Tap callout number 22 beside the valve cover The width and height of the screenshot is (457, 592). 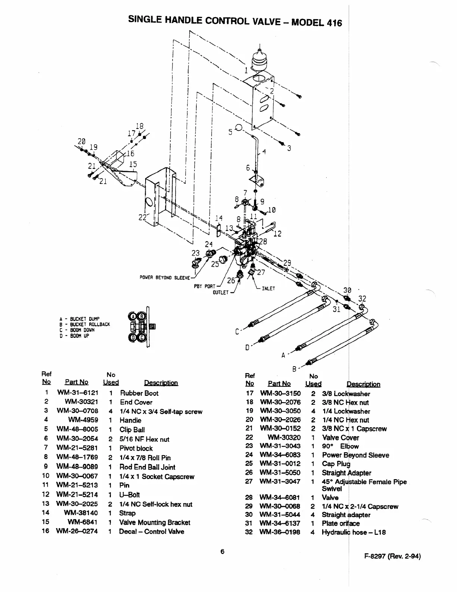(x=142, y=217)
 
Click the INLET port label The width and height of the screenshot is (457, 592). (x=268, y=288)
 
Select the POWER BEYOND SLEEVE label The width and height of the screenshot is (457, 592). (x=165, y=278)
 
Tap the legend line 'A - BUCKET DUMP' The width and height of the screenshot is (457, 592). (x=80, y=319)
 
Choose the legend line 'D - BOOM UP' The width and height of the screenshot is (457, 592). (x=74, y=336)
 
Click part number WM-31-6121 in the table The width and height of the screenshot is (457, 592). (x=78, y=392)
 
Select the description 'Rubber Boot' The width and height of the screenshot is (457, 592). (x=139, y=393)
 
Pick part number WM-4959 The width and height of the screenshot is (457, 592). (x=83, y=420)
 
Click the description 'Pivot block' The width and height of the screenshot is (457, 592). (x=136, y=448)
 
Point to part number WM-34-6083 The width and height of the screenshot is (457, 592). (x=280, y=454)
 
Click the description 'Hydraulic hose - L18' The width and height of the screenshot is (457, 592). (x=354, y=532)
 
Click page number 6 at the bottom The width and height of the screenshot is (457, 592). (x=222, y=552)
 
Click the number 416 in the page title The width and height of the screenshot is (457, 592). (x=334, y=23)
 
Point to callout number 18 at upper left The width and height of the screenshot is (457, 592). (x=139, y=126)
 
